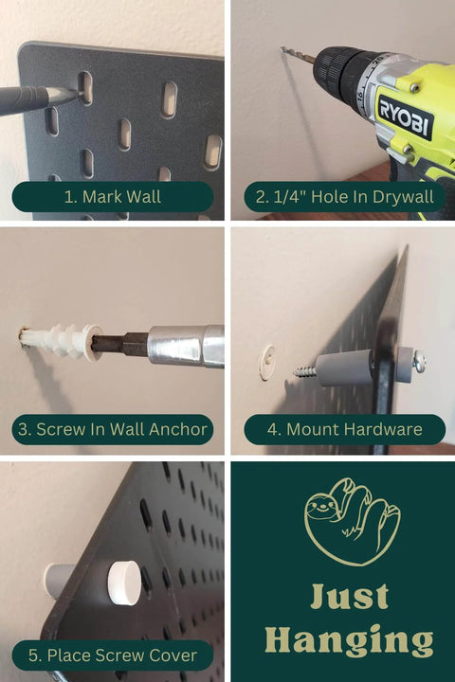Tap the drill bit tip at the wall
(282, 48)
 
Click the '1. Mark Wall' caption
(112, 197)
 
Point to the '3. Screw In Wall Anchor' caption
(112, 429)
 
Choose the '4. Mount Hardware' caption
(344, 429)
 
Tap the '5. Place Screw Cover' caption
(112, 655)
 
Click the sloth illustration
(352, 522)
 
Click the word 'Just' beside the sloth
(350, 597)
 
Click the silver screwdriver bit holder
(186, 344)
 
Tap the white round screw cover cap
(122, 577)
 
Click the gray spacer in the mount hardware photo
(346, 367)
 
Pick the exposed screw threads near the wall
(306, 371)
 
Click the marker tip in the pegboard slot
(72, 93)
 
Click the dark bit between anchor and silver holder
(120, 343)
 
